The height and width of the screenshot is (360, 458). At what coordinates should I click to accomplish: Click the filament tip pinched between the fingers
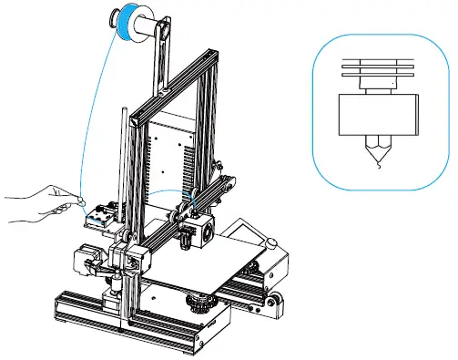(x=82, y=198)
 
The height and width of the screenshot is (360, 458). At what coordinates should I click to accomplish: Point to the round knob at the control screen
(x=270, y=241)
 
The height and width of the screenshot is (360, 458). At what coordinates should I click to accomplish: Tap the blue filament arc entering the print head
(x=168, y=192)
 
